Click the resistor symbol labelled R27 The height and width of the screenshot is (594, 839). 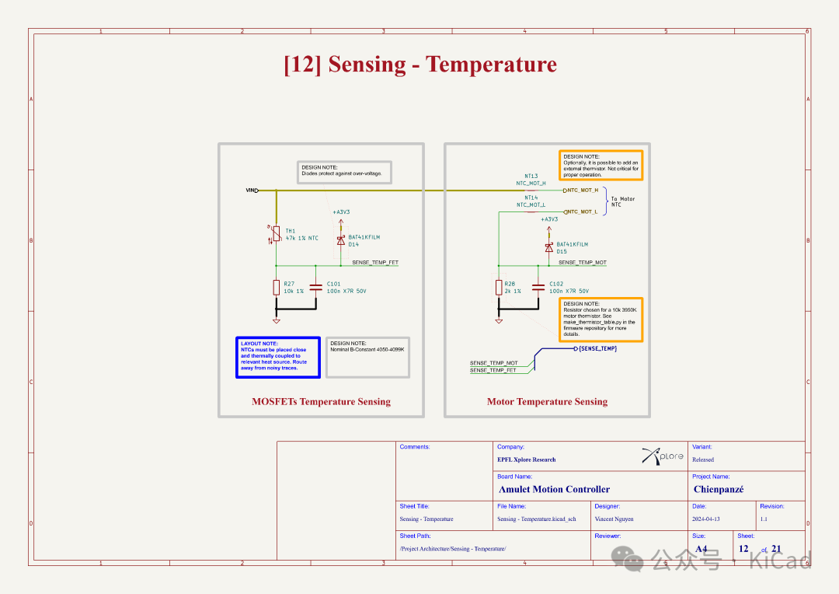click(276, 288)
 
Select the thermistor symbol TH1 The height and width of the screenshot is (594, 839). click(276, 233)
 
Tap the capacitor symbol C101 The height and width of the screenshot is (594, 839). click(315, 287)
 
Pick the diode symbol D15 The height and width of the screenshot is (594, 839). click(548, 247)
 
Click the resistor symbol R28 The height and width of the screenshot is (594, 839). click(498, 288)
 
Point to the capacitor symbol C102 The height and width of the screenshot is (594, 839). click(538, 287)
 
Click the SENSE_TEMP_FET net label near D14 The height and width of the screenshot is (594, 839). click(375, 263)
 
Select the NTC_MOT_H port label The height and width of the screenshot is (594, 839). click(582, 190)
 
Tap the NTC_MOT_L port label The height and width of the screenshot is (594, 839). click(582, 211)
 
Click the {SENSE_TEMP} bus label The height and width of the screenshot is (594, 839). click(597, 348)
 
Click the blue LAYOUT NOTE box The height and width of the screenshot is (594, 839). click(278, 357)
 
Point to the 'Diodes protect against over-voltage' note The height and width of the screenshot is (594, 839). click(345, 171)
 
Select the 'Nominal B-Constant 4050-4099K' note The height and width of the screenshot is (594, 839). click(367, 357)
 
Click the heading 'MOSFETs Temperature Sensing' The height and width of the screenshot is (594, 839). click(321, 402)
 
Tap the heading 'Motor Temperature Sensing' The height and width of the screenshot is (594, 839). click(547, 402)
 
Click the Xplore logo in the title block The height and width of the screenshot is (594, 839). click(663, 456)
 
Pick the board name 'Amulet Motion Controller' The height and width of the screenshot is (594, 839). click(554, 490)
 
